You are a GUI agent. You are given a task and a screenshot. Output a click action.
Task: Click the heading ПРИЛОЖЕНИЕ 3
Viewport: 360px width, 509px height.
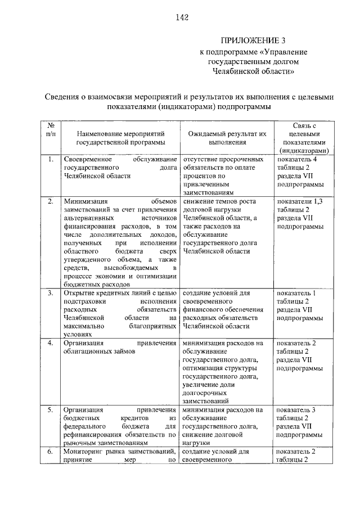[255, 40]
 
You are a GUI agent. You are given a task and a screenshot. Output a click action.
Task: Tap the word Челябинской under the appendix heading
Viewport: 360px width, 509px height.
[239, 71]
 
